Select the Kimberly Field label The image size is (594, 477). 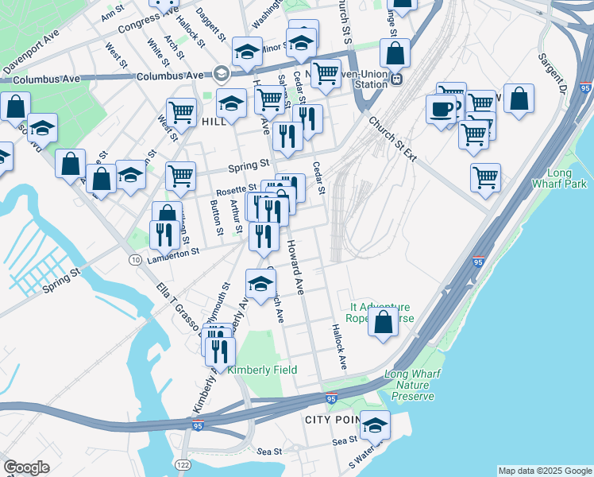(262, 370)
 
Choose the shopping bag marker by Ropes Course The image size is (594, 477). (383, 322)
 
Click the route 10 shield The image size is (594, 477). (135, 260)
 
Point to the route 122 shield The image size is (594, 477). (183, 463)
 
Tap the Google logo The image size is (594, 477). (26, 467)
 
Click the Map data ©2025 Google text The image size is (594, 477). (544, 471)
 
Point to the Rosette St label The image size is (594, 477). (237, 190)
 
